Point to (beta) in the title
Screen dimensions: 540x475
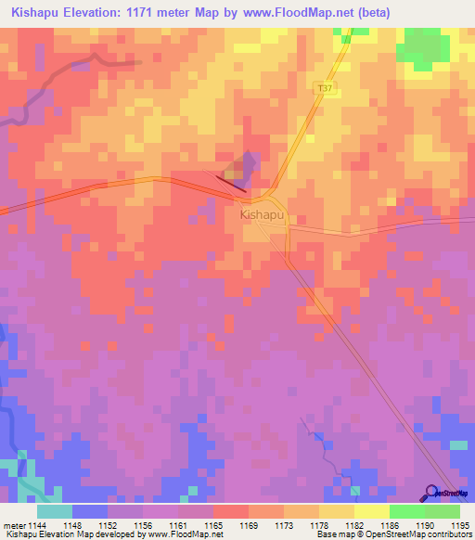click(x=370, y=12)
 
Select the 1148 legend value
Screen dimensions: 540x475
click(x=71, y=524)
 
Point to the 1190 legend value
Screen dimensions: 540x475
click(x=424, y=524)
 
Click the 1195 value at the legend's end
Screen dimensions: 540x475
click(x=459, y=524)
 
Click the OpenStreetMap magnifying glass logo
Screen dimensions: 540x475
click(x=431, y=493)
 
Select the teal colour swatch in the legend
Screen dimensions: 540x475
click(x=54, y=511)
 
